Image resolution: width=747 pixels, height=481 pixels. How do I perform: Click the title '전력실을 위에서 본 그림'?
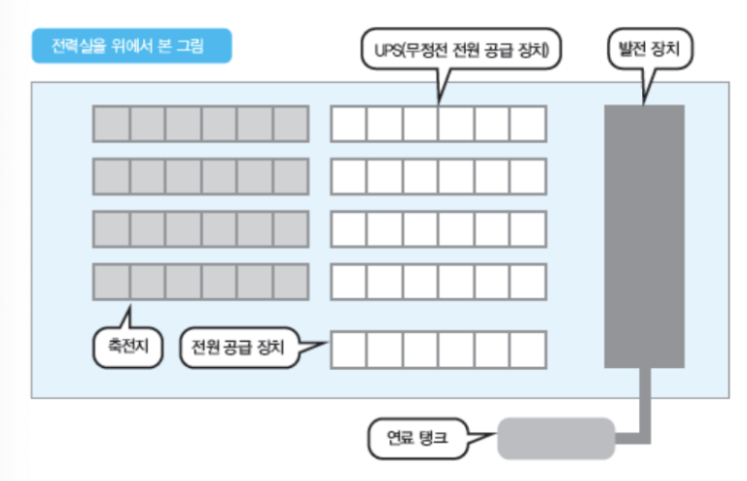(132, 45)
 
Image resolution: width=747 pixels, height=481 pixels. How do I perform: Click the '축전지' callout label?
(121, 348)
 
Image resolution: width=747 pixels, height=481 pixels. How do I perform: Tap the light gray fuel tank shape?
(555, 438)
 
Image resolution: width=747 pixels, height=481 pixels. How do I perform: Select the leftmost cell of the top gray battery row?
(111, 124)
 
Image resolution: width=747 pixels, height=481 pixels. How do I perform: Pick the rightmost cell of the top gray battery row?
(291, 124)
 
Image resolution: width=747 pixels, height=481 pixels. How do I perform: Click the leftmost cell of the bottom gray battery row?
(111, 280)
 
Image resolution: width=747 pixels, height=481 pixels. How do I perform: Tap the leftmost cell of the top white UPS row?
(349, 124)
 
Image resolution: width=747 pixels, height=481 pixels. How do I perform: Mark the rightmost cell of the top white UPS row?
(528, 124)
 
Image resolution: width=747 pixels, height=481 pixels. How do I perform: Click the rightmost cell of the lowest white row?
(528, 350)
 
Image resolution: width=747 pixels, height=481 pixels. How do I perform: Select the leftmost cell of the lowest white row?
(349, 350)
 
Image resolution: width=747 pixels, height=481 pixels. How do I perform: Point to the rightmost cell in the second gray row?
(291, 176)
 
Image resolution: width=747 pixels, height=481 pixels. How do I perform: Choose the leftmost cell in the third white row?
(349, 228)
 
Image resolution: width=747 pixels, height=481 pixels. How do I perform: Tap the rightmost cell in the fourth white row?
(528, 280)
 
